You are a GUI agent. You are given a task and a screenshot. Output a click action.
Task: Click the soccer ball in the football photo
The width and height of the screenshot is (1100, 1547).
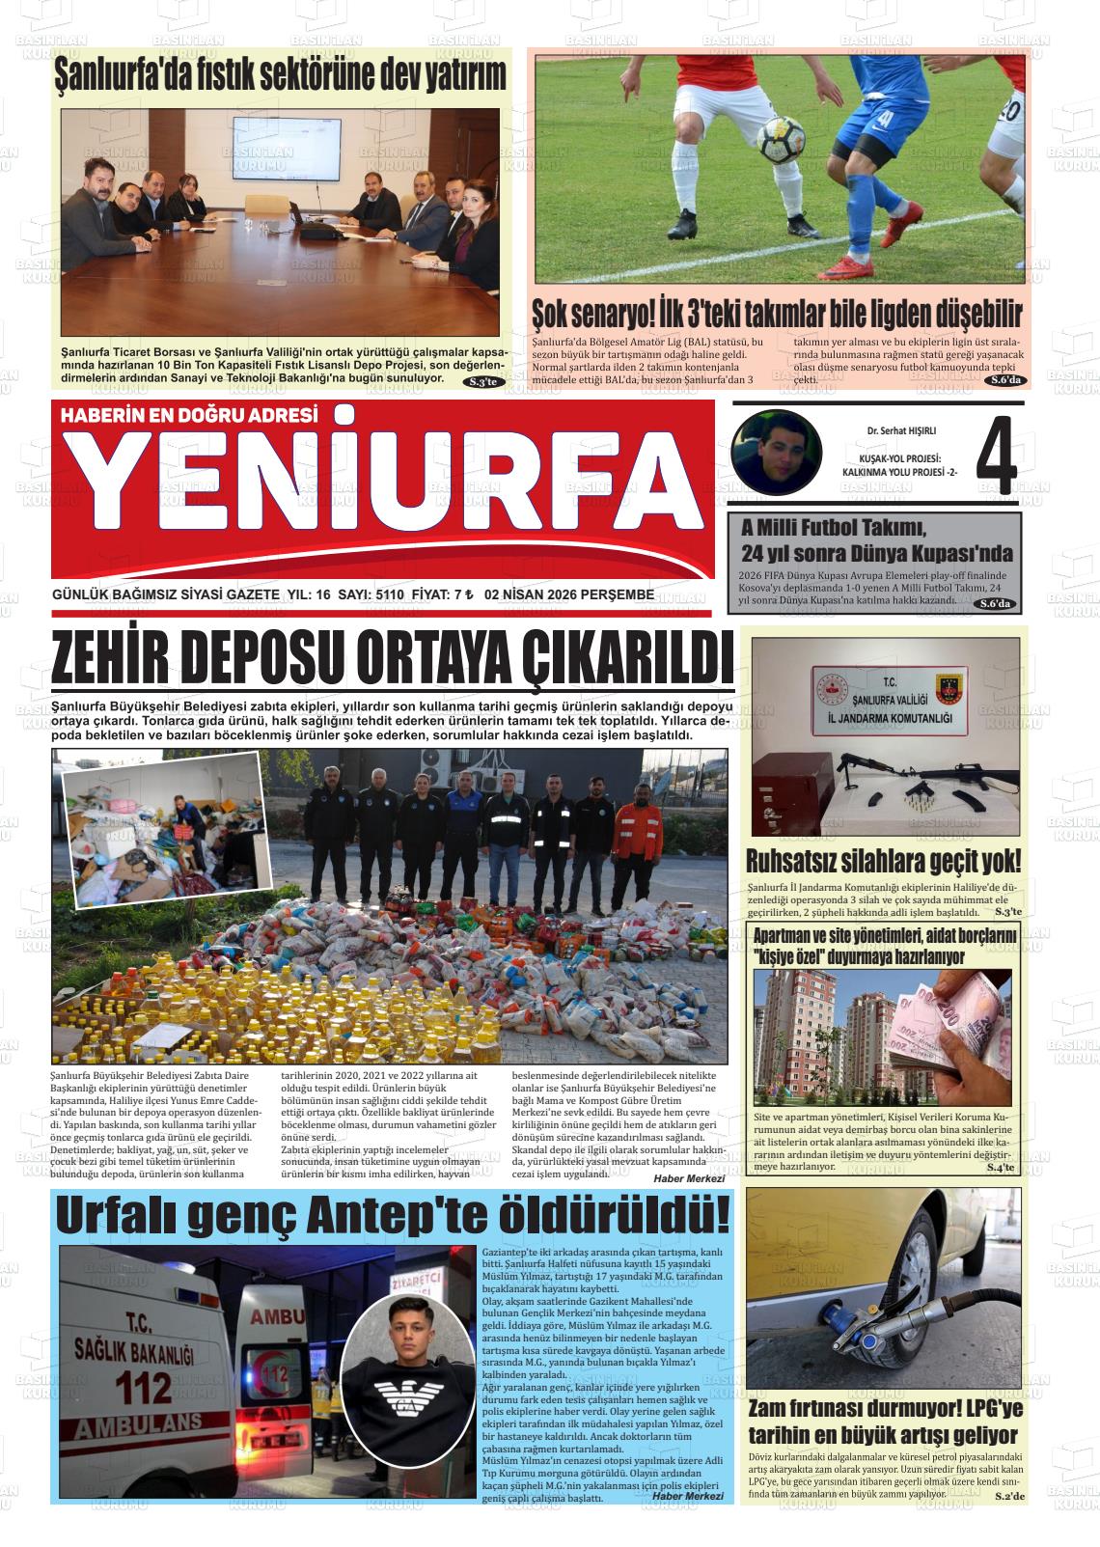coord(781,140)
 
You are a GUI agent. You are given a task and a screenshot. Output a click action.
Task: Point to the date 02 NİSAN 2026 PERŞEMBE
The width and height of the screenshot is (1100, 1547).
coord(569,595)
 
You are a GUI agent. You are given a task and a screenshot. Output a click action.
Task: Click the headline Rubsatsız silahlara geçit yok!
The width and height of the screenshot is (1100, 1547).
coord(883,861)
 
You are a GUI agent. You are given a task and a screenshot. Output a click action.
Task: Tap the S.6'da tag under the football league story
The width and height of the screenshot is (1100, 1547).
coord(1005,381)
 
